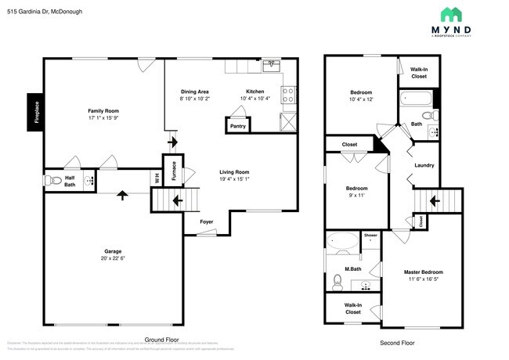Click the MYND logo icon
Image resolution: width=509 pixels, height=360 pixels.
tap(451, 14)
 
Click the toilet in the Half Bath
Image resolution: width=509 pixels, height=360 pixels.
tap(56, 181)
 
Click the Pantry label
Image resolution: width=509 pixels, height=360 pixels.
tap(236, 126)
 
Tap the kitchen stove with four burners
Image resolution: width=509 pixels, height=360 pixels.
tap(287, 95)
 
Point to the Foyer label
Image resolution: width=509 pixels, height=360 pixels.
tap(206, 221)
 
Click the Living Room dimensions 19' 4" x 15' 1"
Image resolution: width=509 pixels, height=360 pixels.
tap(233, 178)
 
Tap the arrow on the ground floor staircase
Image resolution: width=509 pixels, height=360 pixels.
tap(178, 200)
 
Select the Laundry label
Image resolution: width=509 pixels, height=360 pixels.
tap(424, 165)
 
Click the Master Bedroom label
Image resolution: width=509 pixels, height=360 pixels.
tap(424, 272)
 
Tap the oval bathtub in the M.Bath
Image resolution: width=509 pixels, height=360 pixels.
tap(342, 243)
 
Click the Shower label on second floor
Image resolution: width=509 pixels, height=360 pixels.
tap(370, 235)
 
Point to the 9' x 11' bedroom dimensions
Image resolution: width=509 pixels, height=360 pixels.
tap(356, 196)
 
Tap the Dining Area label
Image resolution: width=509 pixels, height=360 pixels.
tap(193, 92)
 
